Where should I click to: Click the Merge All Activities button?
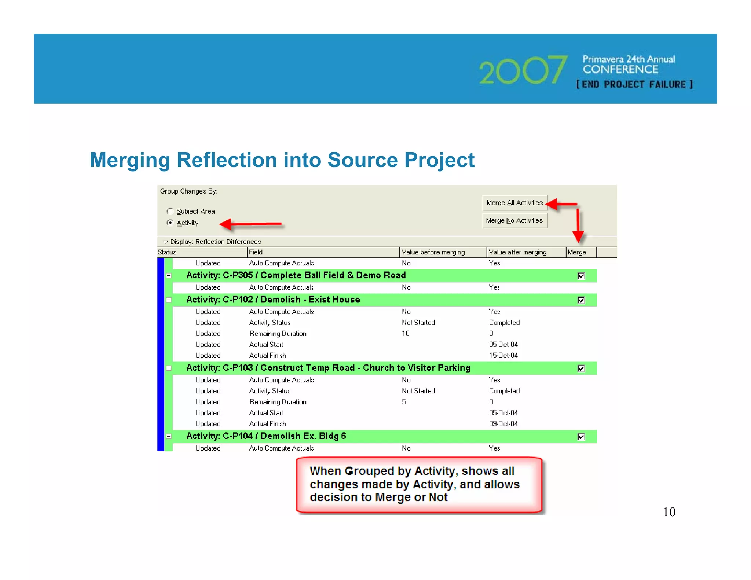click(514, 203)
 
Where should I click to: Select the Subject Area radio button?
click(170, 211)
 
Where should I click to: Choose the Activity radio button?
click(170, 223)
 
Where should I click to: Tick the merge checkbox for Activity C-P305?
click(581, 276)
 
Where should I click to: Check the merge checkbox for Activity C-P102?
click(581, 300)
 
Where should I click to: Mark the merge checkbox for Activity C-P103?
click(581, 368)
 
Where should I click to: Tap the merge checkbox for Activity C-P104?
click(581, 437)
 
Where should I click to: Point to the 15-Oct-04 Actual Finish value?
click(503, 356)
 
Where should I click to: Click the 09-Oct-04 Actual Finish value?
click(503, 424)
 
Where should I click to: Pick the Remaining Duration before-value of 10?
click(406, 334)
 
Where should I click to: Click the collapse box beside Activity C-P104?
click(169, 436)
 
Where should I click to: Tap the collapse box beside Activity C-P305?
click(169, 275)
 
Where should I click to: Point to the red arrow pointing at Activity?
click(251, 224)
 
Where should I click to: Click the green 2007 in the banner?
click(523, 70)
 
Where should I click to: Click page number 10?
click(669, 512)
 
